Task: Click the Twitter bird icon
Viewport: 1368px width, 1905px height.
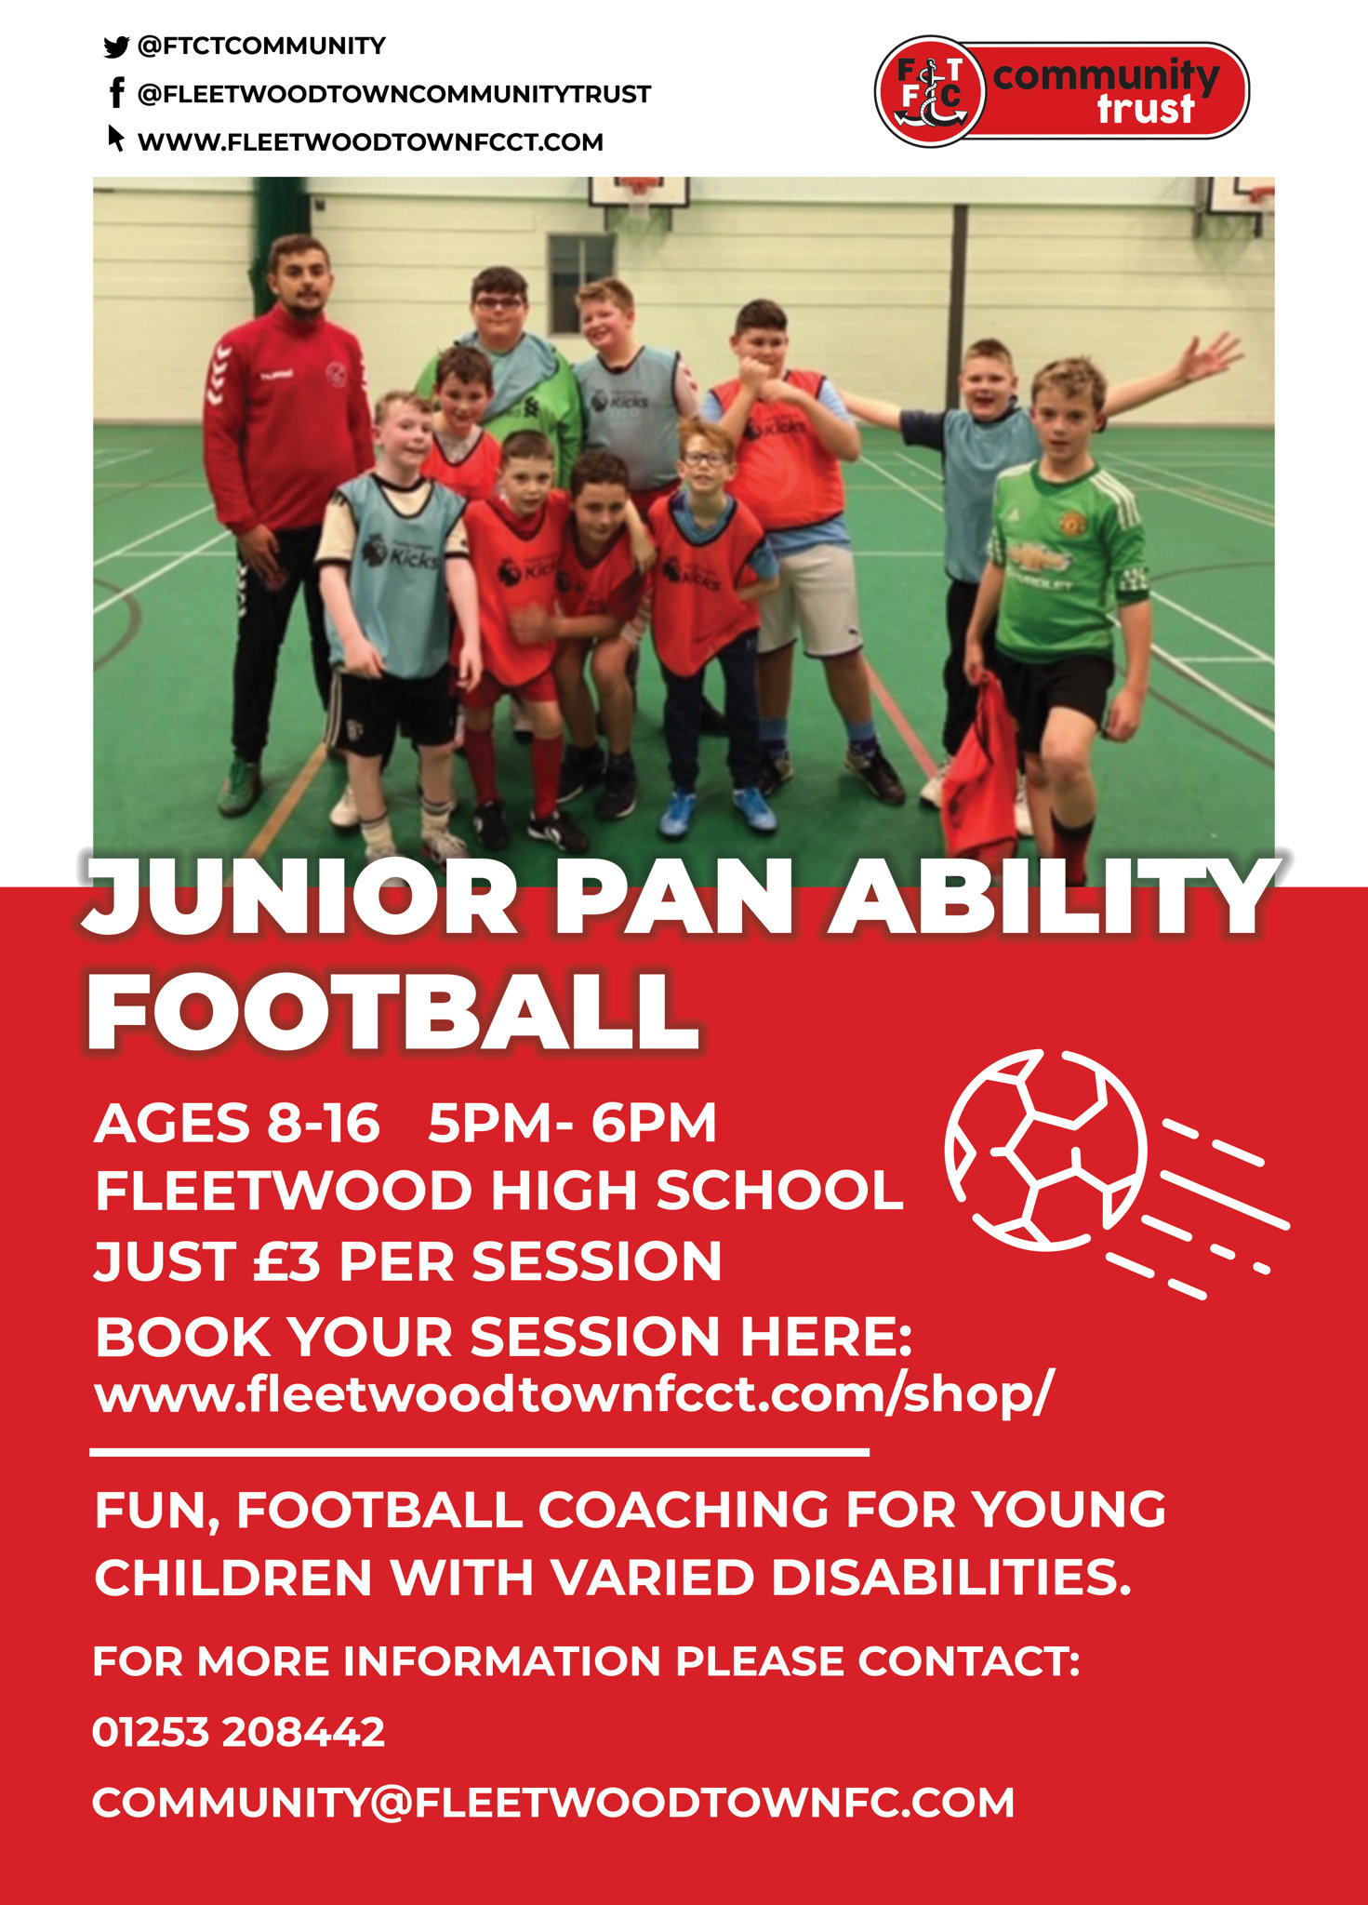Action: pos(115,47)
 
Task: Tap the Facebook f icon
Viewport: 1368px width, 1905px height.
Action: pos(116,93)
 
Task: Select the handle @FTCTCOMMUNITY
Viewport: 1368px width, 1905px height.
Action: pos(261,47)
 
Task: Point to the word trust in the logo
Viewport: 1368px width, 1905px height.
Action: pos(1145,110)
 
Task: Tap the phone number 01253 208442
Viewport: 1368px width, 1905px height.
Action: pos(238,1732)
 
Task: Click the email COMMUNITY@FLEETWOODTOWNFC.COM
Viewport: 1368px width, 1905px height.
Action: pos(553,1803)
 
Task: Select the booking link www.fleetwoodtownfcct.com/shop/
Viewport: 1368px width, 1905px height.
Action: pos(574,1395)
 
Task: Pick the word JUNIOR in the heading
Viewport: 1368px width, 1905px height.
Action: pos(299,898)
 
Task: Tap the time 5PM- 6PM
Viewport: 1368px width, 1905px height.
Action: pos(572,1123)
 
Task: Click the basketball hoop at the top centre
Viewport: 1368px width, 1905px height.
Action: pos(638,193)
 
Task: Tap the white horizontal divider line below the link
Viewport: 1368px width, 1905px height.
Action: pos(480,1451)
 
